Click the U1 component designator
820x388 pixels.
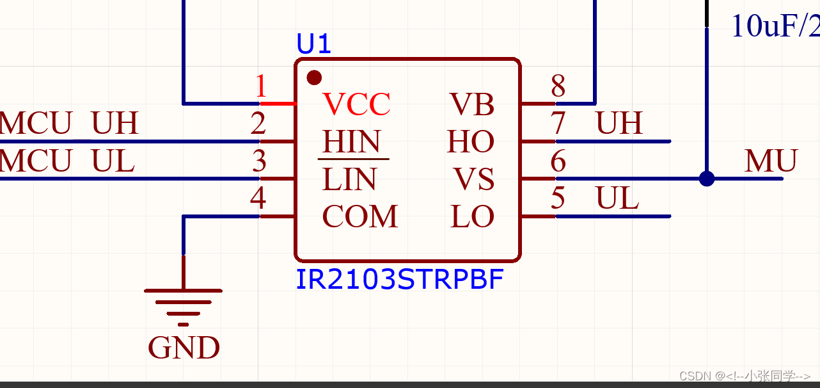click(x=313, y=44)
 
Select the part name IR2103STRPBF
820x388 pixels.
click(x=399, y=280)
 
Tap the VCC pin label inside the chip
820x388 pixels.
click(x=356, y=104)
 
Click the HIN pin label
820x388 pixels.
click(x=352, y=141)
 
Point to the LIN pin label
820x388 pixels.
click(x=349, y=179)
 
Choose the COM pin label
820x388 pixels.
click(x=360, y=217)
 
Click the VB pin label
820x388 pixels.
click(x=472, y=104)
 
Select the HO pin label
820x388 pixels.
click(x=471, y=141)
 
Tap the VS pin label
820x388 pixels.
click(x=474, y=179)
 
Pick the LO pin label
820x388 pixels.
click(x=473, y=217)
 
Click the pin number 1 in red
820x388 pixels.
click(x=260, y=86)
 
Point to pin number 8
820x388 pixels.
click(x=558, y=85)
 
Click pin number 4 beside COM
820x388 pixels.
click(x=258, y=199)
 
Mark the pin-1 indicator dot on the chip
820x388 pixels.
click(x=314, y=77)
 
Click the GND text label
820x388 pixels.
click(x=184, y=348)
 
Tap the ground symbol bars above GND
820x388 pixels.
click(x=184, y=303)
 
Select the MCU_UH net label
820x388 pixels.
click(x=68, y=124)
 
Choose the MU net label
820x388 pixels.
click(x=771, y=161)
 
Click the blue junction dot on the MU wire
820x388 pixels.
click(x=707, y=179)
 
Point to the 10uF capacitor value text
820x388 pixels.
click(x=775, y=27)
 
